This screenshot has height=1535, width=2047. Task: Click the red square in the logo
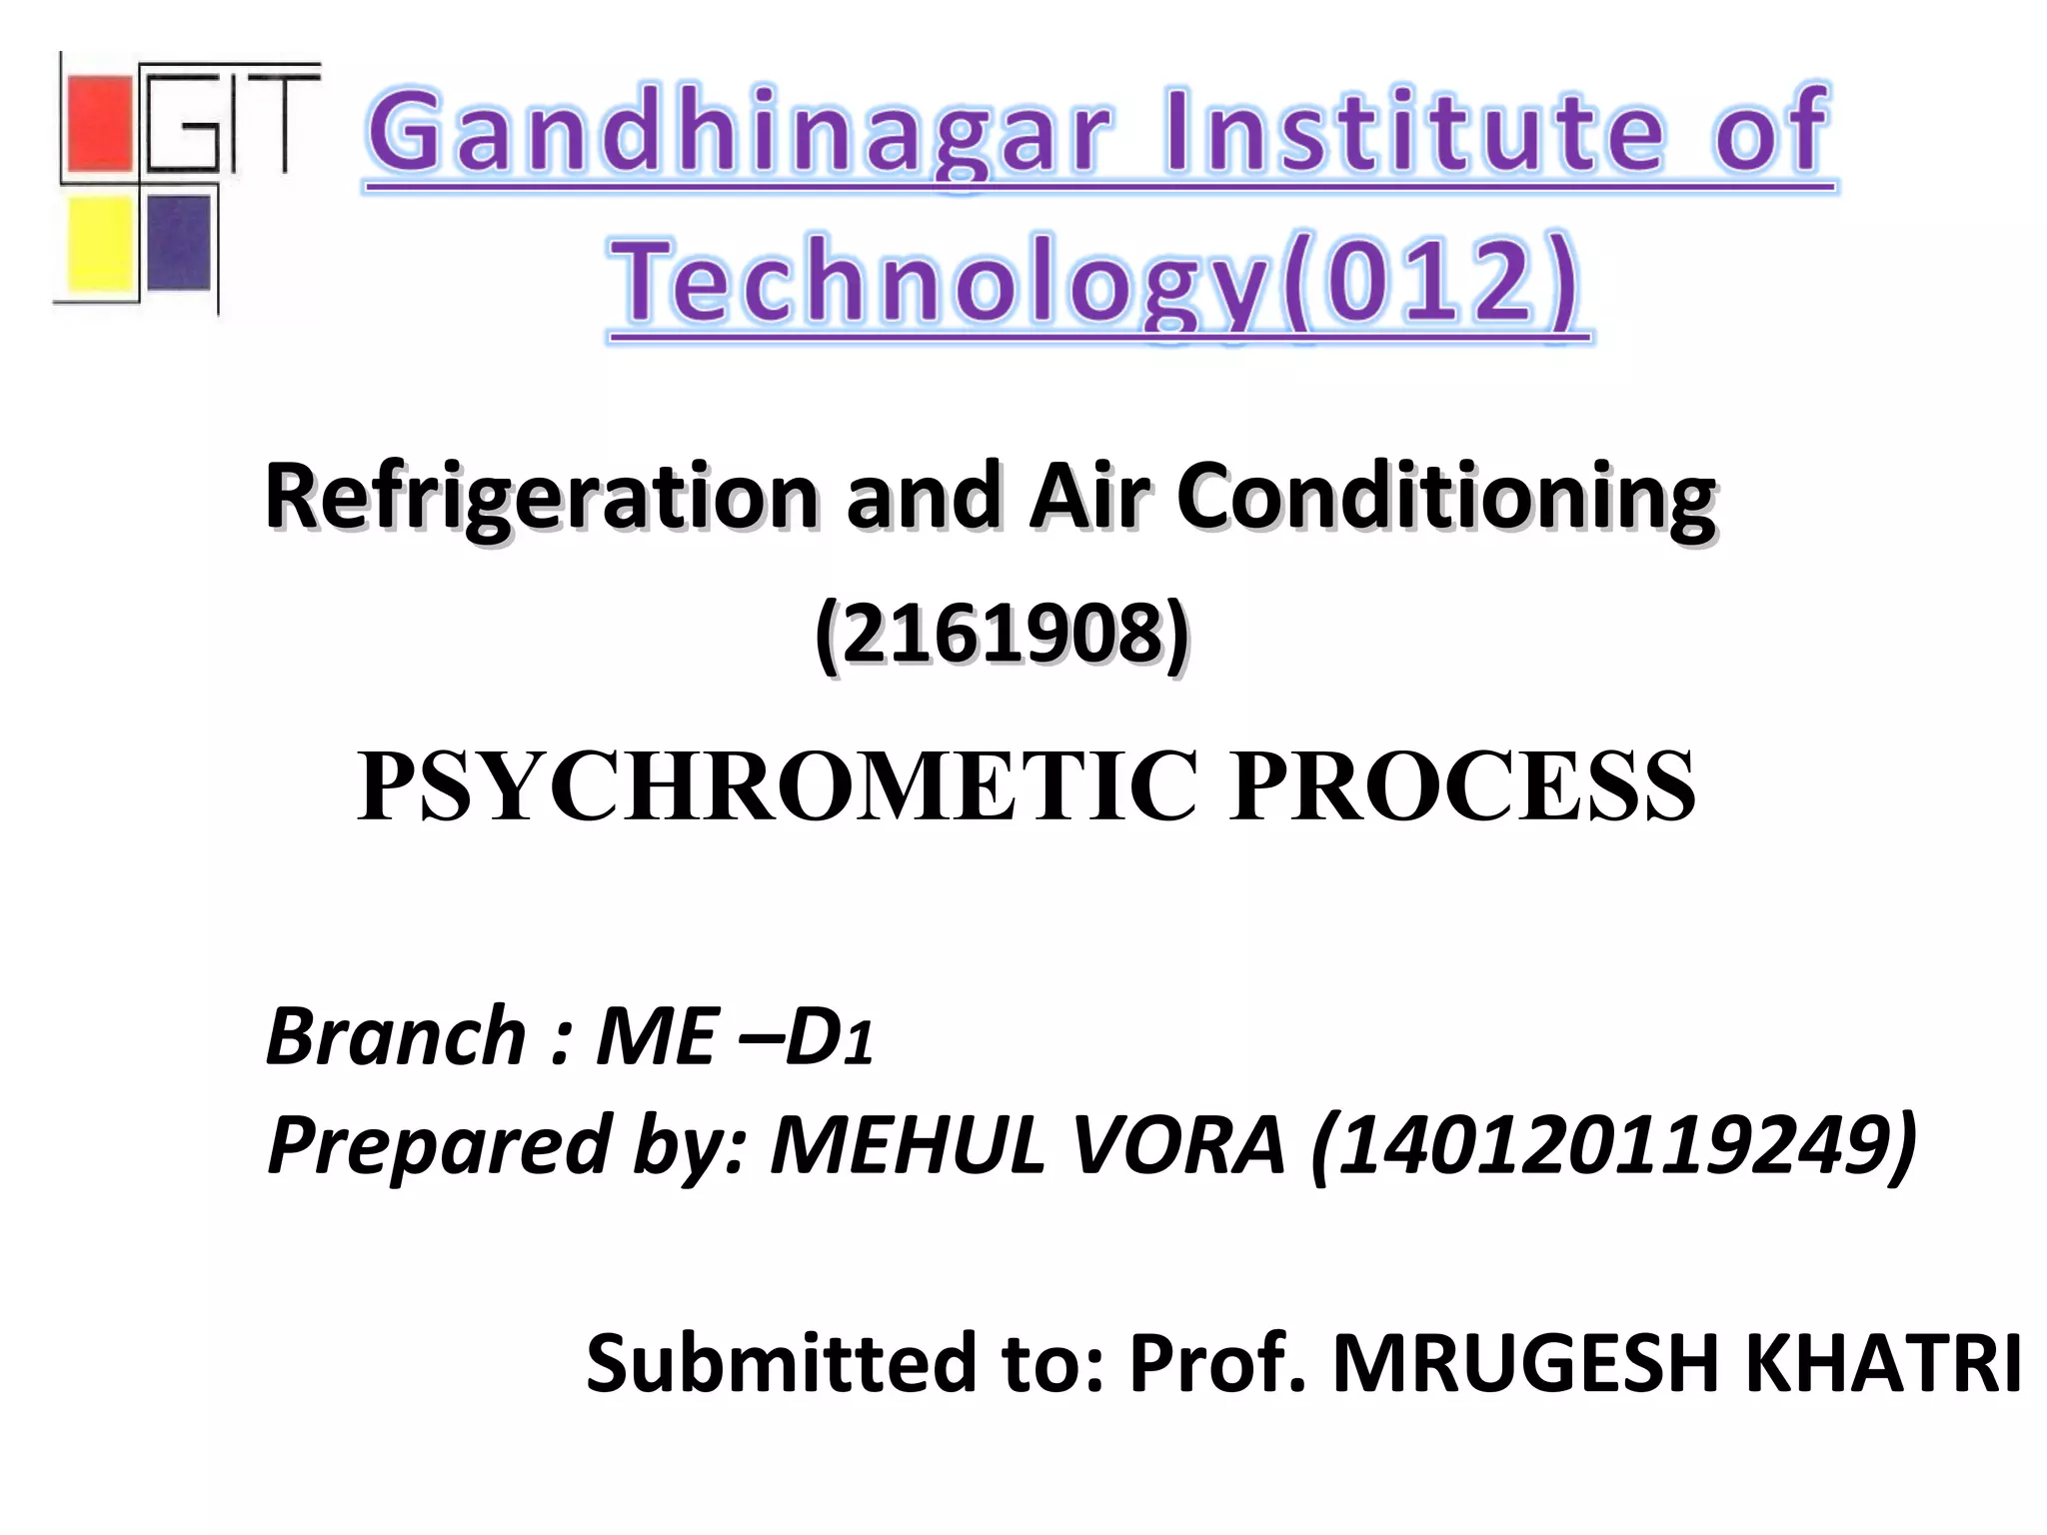point(98,124)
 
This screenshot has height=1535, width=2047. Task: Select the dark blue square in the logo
point(179,242)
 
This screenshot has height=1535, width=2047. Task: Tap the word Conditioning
point(1446,497)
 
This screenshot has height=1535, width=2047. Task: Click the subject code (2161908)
point(1002,634)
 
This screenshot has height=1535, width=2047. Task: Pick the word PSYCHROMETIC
point(777,787)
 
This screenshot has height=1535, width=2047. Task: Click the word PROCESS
point(1463,787)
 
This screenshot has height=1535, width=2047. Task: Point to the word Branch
point(396,1036)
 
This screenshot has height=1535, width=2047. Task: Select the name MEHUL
point(907,1145)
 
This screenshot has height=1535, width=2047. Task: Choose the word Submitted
point(781,1363)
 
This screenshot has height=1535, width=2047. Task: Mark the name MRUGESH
point(1525,1363)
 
